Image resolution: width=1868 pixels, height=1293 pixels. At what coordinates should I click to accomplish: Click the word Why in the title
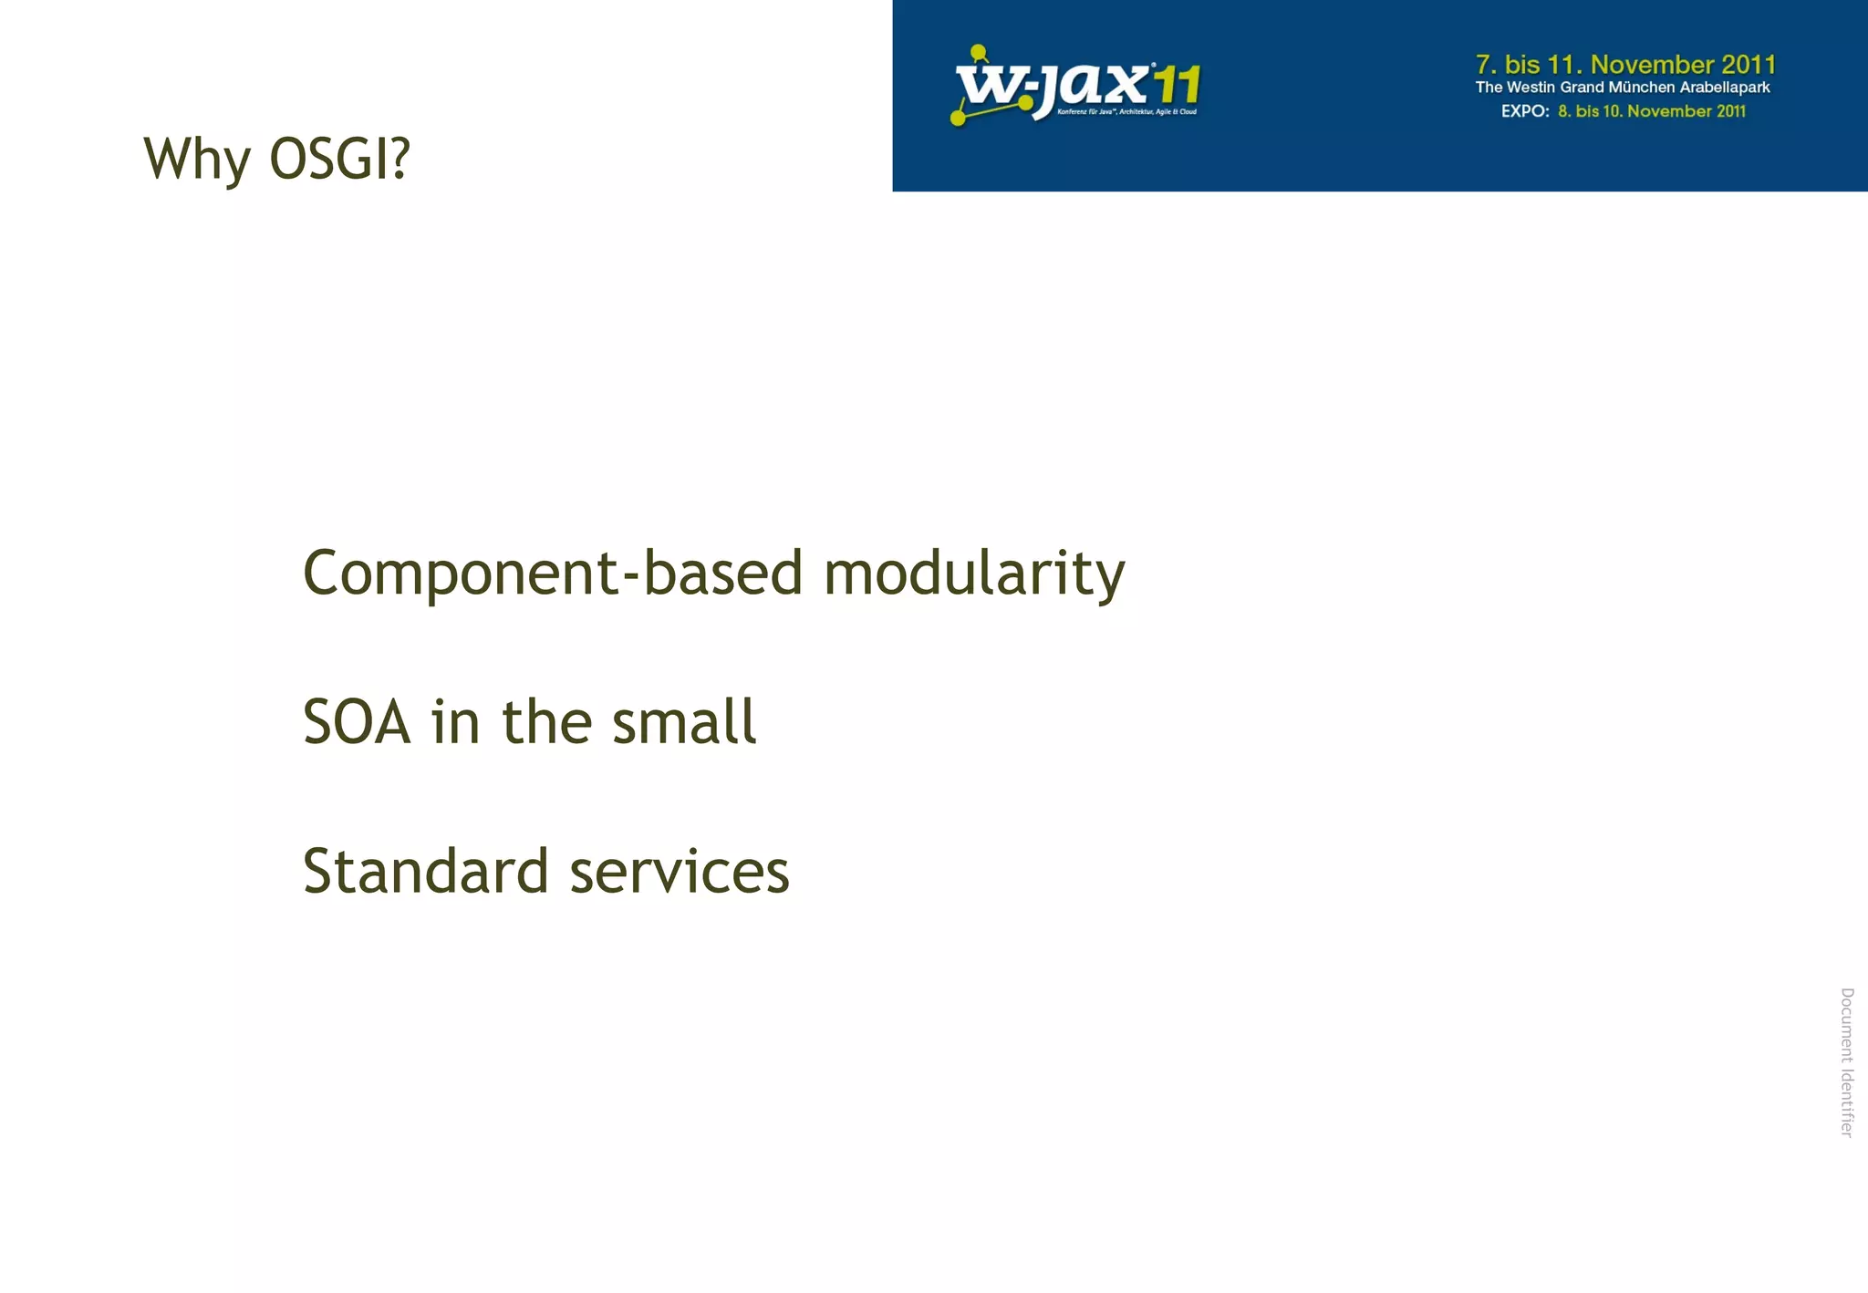196,160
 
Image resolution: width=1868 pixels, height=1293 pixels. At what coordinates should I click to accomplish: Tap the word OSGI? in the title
339,159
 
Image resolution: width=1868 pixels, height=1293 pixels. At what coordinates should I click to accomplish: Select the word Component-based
553,574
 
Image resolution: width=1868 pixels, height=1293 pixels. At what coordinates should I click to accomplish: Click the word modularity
973,574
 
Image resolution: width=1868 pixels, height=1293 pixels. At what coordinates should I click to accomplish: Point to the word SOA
357,722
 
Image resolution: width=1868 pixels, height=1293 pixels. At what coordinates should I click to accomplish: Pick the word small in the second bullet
684,722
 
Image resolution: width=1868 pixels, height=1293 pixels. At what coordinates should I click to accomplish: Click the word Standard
426,871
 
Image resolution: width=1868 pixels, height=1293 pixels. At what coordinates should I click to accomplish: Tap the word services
680,873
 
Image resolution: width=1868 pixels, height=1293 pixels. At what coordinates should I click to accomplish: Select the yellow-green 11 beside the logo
1176,87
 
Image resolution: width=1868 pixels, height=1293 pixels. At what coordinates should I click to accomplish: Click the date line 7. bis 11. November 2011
1625,65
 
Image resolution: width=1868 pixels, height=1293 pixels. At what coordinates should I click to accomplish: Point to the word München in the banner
1641,88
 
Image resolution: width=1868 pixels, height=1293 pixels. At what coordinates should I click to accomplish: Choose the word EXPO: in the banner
1525,111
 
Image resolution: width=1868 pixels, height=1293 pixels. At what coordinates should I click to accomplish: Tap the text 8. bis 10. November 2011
1652,111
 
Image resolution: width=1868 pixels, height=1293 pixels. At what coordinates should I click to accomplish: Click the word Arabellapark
1725,88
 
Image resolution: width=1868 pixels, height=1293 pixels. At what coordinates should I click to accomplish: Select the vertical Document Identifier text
1847,1061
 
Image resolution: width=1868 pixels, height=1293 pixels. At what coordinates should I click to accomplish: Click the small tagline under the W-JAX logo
1126,112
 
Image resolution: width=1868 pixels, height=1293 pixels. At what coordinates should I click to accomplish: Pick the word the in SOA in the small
546,722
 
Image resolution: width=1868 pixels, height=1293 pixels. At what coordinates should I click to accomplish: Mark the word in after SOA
455,722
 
